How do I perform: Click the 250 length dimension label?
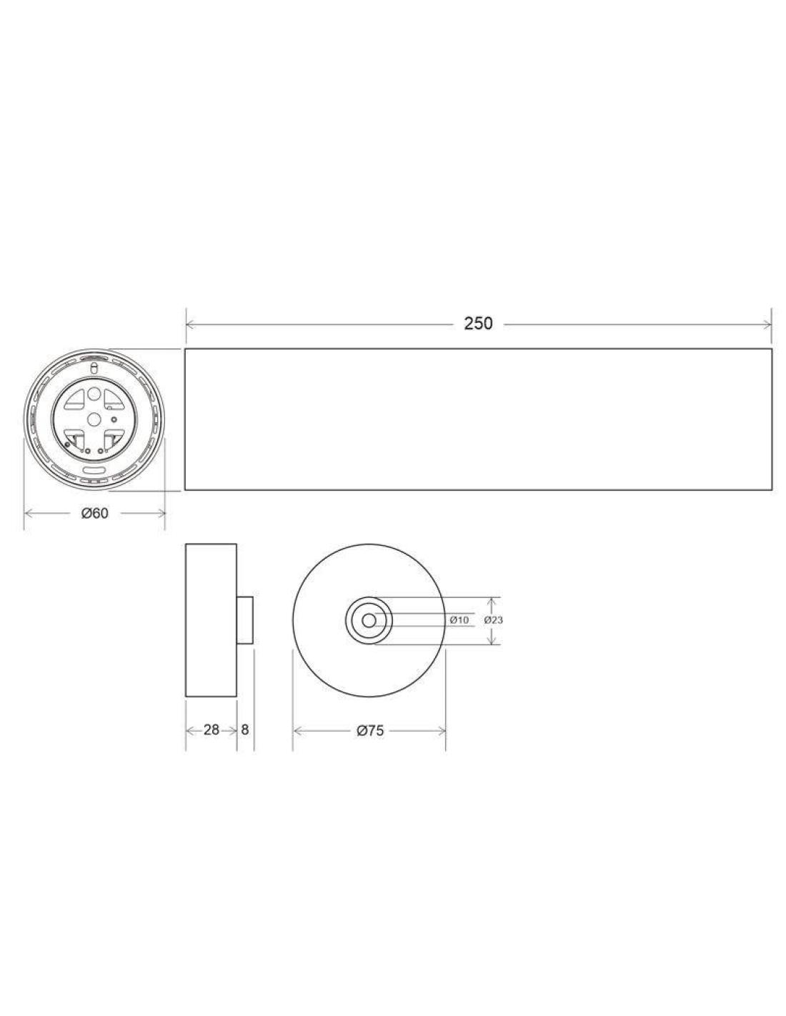478,323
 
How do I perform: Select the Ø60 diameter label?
94,513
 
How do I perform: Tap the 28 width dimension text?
212,729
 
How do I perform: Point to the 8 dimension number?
245,729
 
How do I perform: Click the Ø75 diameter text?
370,730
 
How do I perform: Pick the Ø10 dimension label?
459,620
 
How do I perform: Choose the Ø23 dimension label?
493,620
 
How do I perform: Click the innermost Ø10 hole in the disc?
369,620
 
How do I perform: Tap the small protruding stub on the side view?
244,620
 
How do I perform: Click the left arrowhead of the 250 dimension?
190,324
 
